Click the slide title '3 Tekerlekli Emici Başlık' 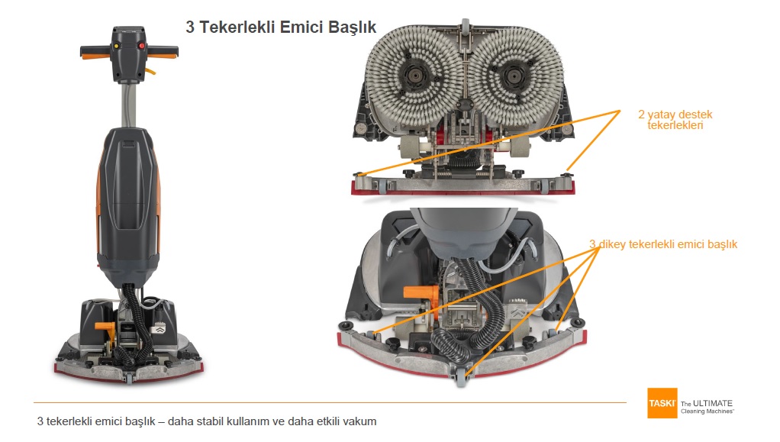281,27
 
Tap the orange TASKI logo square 662,403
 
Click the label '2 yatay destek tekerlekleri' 675,120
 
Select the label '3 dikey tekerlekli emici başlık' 662,244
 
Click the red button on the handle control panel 141,46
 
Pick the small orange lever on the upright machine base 105,325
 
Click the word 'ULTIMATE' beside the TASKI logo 714,403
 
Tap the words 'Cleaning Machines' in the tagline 707,411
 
